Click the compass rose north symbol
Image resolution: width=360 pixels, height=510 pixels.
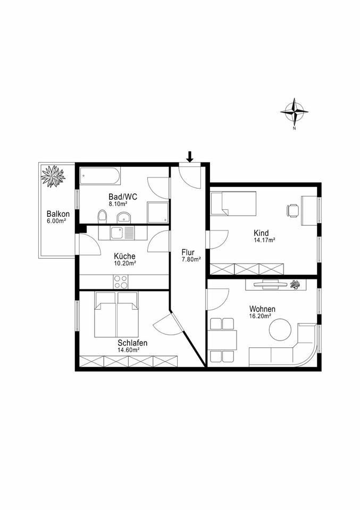(x=294, y=112)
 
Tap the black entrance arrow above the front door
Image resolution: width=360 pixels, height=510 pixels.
(x=190, y=157)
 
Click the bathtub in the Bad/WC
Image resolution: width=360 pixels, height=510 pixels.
(x=100, y=176)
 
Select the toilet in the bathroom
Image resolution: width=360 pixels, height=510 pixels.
(x=103, y=216)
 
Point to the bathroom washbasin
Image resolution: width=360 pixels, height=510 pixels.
(x=124, y=217)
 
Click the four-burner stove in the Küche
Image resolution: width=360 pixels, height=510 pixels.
(x=120, y=281)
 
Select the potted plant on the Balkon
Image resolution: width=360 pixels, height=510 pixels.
(x=53, y=176)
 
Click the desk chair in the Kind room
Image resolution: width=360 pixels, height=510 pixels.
(x=292, y=210)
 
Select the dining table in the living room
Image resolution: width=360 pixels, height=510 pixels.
(x=222, y=339)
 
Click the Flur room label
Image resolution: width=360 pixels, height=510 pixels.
(x=188, y=252)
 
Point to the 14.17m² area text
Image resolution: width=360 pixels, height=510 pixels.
(x=264, y=240)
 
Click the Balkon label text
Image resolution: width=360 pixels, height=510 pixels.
(x=56, y=214)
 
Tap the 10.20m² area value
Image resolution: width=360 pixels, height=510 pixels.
(x=124, y=262)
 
